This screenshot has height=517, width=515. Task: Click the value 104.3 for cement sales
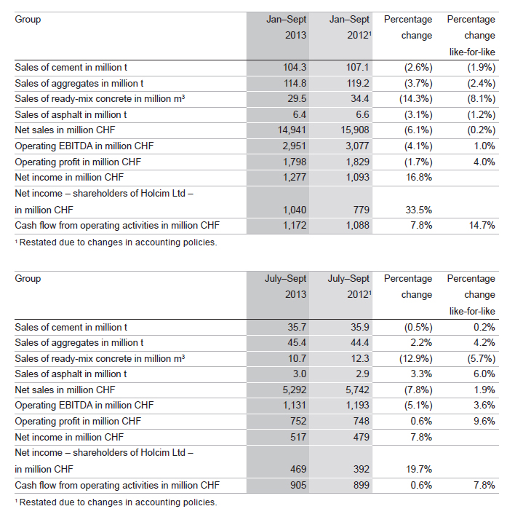coord(295,68)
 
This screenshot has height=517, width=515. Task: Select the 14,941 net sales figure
coord(292,130)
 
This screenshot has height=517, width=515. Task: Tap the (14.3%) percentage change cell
coord(415,99)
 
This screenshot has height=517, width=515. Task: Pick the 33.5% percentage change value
coord(418,210)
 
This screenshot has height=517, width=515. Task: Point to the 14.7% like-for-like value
coord(482,226)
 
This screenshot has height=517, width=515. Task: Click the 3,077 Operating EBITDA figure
coord(357,146)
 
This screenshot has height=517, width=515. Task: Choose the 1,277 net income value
coord(295,178)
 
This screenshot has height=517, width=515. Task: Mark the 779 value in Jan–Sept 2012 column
coord(362,210)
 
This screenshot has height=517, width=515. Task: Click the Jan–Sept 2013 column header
coord(287,28)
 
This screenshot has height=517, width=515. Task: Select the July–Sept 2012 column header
coord(349,286)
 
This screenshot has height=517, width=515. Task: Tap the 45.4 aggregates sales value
coord(297,343)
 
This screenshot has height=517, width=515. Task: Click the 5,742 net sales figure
coord(357,390)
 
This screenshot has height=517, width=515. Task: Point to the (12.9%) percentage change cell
coord(415,359)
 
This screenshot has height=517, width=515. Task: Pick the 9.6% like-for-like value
coord(484,422)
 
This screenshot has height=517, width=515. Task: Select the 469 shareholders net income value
coord(298,469)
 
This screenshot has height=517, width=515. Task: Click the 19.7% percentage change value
coord(418,469)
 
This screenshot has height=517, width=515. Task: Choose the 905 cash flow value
coord(298,486)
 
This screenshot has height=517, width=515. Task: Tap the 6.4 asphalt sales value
coord(299,115)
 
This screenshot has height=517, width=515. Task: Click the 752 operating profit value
coord(298,422)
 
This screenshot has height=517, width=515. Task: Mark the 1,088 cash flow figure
coord(357,226)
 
